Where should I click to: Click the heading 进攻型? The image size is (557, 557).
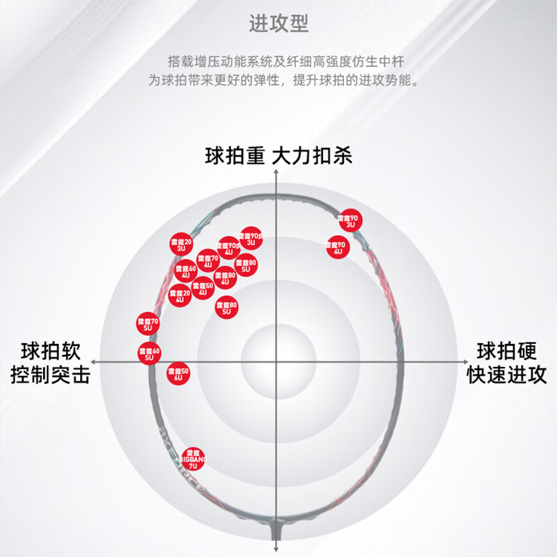point(278,24)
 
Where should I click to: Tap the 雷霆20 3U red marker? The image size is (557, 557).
point(180,244)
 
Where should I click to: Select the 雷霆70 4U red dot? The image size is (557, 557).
point(208,261)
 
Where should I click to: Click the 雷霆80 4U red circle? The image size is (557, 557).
point(225,278)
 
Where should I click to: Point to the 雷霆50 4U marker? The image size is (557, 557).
point(203,288)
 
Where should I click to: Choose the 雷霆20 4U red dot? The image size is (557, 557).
point(180,297)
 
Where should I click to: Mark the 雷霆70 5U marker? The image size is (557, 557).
point(148,323)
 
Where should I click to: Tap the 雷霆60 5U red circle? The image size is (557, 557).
point(149,353)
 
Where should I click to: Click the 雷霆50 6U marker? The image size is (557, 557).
point(178,374)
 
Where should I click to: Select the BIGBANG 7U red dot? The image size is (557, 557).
point(194,459)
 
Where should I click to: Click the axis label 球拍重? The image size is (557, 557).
point(235,155)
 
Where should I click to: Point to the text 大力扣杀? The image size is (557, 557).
point(312,155)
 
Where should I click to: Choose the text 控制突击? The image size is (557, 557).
point(50,376)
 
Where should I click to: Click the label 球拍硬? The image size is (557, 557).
point(506,350)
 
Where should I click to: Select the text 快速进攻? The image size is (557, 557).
point(506,376)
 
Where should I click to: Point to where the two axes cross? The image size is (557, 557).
point(276,362)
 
